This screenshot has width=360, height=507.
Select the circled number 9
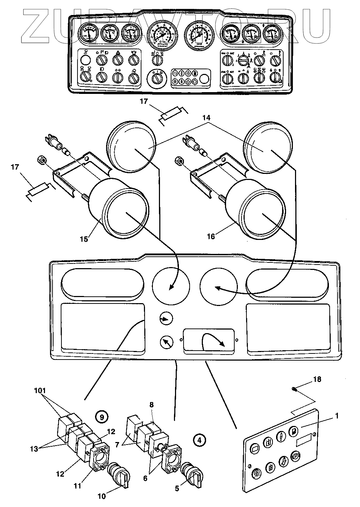(102, 416)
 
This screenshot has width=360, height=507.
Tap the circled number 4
(199, 440)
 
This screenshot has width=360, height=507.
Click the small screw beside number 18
(293, 389)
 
